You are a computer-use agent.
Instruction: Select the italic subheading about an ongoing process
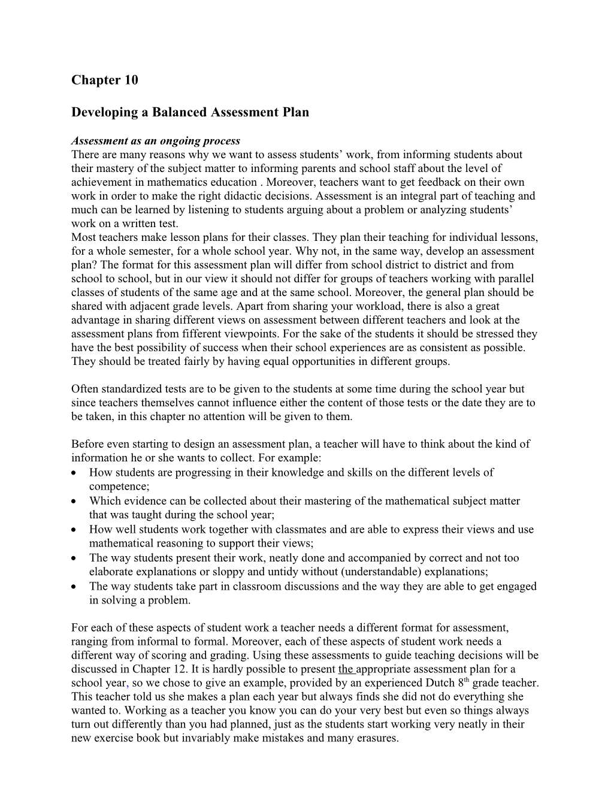click(155, 141)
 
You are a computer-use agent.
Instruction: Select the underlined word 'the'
click(346, 669)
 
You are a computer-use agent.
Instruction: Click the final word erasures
click(378, 738)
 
